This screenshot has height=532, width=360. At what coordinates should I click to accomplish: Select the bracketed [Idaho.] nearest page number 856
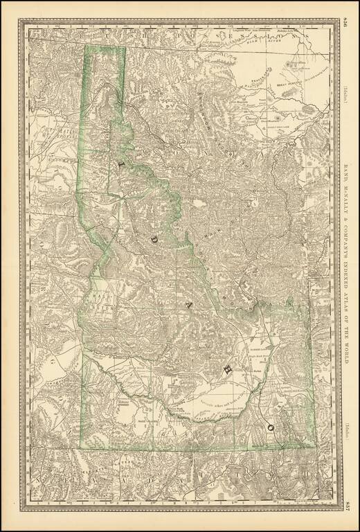pyautogui.click(x=345, y=93)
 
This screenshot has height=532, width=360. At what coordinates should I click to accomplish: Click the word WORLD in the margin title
pyautogui.click(x=346, y=357)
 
